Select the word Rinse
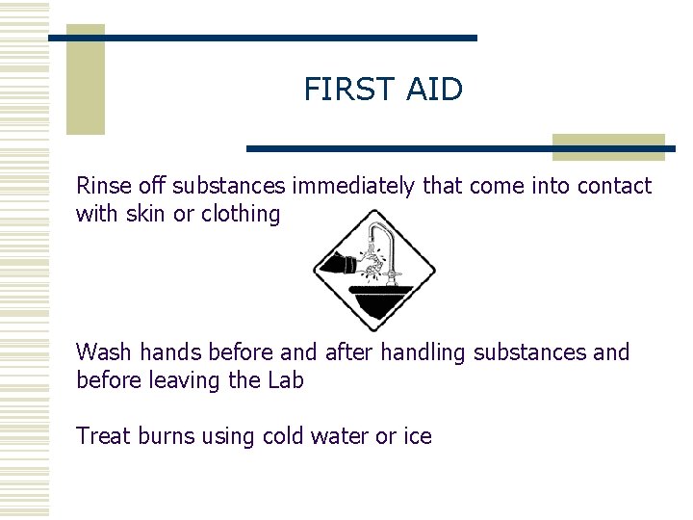click(x=104, y=185)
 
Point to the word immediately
click(x=356, y=185)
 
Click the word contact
click(x=614, y=185)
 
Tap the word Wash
click(x=103, y=352)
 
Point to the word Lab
click(x=284, y=380)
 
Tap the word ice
click(x=416, y=436)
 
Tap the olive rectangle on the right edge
click(x=608, y=146)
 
